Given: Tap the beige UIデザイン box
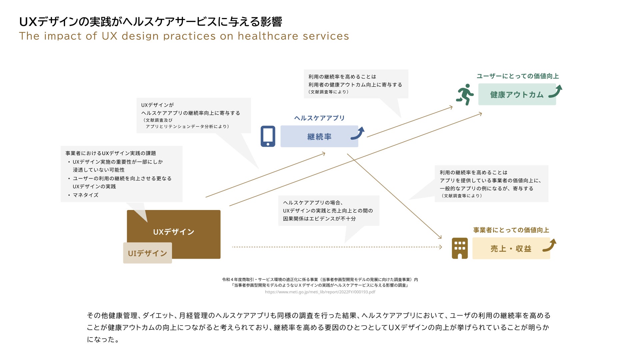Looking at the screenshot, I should coord(147,253).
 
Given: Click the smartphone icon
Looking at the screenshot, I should coord(268,136).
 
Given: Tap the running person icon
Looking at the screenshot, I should coord(465,94).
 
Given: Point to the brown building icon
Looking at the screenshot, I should coord(460,248).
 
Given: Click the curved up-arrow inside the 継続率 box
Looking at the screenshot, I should coord(358,133).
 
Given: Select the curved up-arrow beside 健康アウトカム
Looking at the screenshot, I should coord(556,91).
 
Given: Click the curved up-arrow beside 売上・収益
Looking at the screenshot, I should coord(550,245).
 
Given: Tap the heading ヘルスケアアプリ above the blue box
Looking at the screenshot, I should coord(319,118).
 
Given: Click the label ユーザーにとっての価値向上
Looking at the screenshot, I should coord(517,76).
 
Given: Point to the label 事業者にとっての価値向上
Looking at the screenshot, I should coord(511,230).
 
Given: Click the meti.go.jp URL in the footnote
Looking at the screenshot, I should coord(320,292).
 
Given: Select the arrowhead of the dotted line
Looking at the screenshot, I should coord(441,247).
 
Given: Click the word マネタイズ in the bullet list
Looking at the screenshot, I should coord(86,195).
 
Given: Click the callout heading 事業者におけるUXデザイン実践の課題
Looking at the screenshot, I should coord(111,153).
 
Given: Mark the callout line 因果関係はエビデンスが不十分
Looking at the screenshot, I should coord(319,219).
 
